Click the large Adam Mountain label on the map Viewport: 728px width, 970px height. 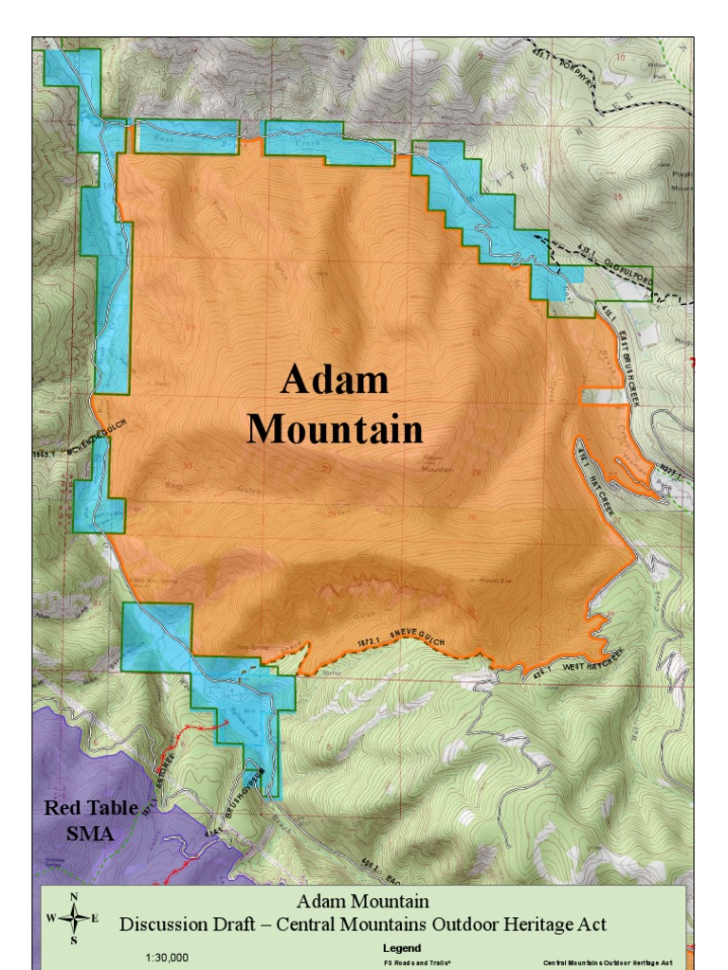pyautogui.click(x=335, y=404)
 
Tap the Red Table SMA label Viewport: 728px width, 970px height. pyautogui.click(x=90, y=821)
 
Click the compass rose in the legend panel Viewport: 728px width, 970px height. pyautogui.click(x=74, y=917)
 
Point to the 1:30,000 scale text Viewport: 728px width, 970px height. pyautogui.click(x=166, y=957)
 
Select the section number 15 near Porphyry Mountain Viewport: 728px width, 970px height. pyautogui.click(x=619, y=197)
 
